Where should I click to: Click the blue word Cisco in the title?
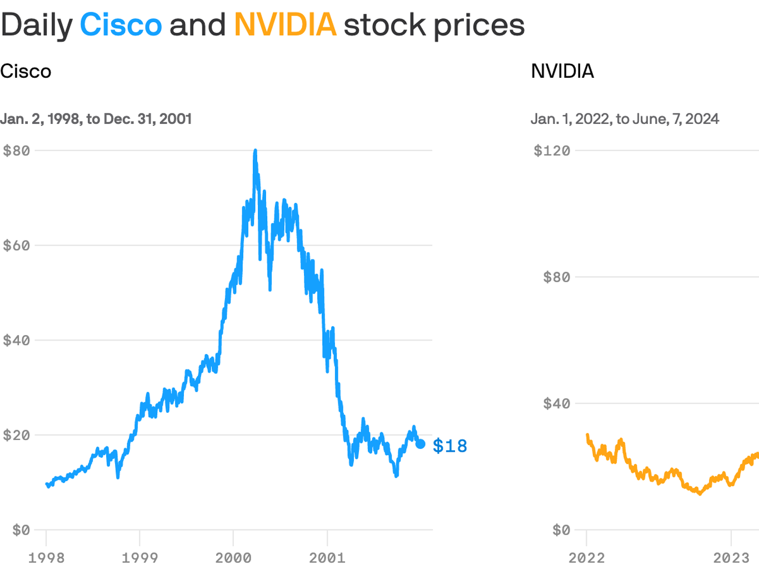coord(121,25)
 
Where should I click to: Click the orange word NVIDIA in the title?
coord(285,25)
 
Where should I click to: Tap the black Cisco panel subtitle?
coord(26,71)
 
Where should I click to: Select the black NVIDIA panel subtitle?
coord(562,71)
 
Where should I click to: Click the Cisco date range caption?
coord(96,119)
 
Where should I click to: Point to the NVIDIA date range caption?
coord(625,119)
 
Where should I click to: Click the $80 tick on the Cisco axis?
coord(17,151)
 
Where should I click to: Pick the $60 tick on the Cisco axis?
coord(17,246)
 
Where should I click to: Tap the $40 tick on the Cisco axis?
coord(17,340)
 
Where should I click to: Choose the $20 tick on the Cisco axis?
coord(17,435)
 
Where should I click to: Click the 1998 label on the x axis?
coord(46,557)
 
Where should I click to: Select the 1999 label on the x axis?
coord(139,557)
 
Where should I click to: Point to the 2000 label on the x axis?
coord(233,557)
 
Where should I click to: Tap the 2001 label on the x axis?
coord(327,557)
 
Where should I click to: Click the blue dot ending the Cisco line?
coord(421,444)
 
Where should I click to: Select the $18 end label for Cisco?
coord(450,446)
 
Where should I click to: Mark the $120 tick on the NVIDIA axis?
coord(552,151)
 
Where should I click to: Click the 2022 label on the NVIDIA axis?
coord(586,557)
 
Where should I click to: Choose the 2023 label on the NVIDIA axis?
coord(731,557)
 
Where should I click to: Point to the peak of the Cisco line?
coord(255,151)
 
